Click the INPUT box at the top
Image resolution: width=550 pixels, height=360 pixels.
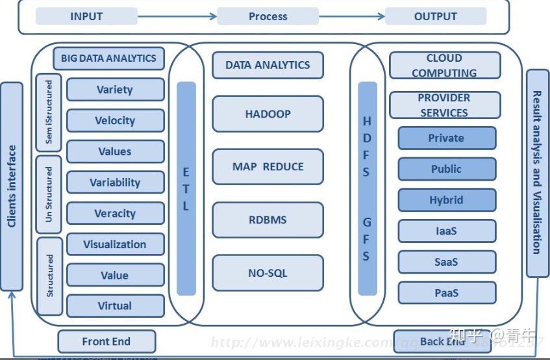(86, 16)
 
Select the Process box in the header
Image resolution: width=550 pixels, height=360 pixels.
(268, 16)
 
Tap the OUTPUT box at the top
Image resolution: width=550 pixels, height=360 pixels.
(435, 16)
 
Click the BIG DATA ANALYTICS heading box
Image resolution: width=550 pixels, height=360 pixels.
(108, 58)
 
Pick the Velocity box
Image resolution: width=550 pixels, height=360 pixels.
(115, 120)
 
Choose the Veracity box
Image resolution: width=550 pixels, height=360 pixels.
(115, 213)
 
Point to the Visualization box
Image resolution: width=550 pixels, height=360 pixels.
(115, 244)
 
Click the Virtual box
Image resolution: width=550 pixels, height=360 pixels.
(115, 305)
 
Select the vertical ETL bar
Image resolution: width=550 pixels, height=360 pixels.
(186, 188)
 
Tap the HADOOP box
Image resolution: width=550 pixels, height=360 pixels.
(268, 114)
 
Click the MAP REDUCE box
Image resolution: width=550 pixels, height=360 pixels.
(268, 167)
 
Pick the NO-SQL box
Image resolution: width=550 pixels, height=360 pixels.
(268, 273)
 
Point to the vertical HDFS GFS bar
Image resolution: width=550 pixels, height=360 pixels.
(367, 188)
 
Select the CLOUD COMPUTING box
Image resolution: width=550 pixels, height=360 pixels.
(445, 66)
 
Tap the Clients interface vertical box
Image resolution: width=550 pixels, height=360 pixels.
(12, 186)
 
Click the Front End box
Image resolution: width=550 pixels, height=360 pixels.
(106, 341)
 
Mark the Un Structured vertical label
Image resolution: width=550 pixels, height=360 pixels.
(49, 195)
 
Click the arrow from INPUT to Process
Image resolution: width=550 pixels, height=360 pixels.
(177, 16)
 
